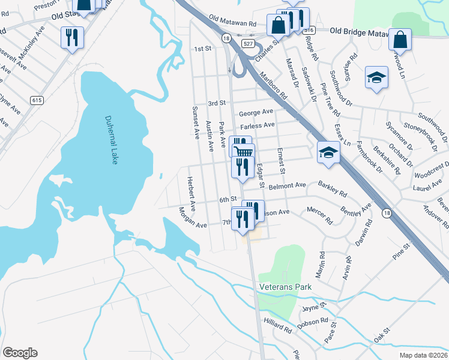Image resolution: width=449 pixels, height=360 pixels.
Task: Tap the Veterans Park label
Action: coord(286,287)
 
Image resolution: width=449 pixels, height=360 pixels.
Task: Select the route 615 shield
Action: coord(37,101)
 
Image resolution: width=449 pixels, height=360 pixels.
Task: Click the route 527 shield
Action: coord(247,44)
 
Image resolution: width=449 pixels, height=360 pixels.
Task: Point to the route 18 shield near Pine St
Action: coord(387,213)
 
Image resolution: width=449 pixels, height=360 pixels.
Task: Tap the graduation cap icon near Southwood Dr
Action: coord(376,77)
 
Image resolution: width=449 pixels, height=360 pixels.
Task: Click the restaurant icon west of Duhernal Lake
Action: coord(72,37)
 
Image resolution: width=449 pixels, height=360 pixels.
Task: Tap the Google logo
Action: coord(20,353)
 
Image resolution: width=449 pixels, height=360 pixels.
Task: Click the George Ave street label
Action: coord(256,113)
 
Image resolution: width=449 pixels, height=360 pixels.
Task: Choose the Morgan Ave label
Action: coord(192,217)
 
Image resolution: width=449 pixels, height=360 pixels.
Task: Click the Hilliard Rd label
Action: coord(277,329)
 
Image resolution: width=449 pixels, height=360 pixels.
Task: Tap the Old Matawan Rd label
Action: coord(237,23)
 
